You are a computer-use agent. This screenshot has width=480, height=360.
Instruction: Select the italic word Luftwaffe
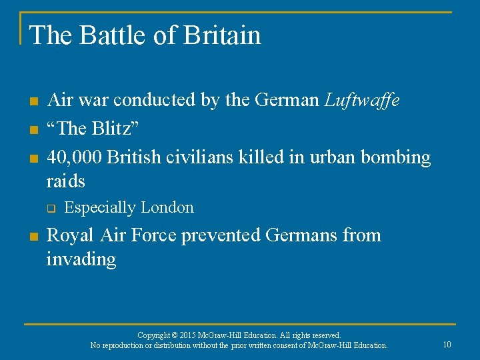tap(363, 101)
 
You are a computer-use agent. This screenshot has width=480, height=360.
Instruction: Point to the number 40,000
tap(74, 157)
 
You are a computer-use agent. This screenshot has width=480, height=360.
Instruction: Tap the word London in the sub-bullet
tap(166, 207)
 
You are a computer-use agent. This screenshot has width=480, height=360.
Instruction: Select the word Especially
tap(99, 207)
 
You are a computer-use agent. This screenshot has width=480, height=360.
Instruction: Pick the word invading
tap(81, 259)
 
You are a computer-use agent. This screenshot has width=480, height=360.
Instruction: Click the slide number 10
tap(447, 344)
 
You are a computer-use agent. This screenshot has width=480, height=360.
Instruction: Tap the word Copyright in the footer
tap(154, 335)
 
